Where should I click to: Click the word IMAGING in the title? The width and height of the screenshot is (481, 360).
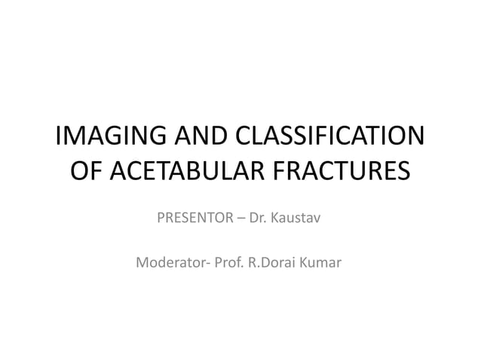[106, 139]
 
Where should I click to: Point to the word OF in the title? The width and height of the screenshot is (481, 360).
[86, 172]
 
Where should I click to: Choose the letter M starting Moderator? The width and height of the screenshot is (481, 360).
[142, 264]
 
